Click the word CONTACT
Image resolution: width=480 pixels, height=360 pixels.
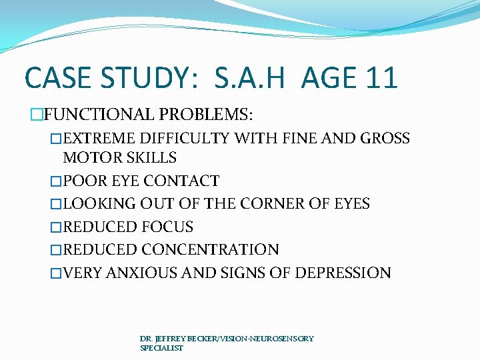coord(181,181)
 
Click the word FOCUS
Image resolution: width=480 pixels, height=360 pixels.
coord(167,227)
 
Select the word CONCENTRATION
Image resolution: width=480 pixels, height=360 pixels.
coord(210,250)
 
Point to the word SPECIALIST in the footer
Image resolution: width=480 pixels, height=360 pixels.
coord(161,348)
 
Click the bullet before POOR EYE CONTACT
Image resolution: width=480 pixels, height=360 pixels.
coord(56,181)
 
